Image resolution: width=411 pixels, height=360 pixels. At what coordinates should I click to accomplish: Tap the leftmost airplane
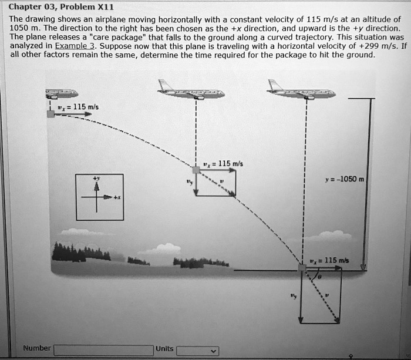pyautogui.click(x=62, y=93)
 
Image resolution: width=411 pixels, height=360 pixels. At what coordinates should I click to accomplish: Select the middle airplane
pyautogui.click(x=191, y=91)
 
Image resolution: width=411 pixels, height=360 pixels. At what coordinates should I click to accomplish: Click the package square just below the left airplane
pyautogui.click(x=51, y=113)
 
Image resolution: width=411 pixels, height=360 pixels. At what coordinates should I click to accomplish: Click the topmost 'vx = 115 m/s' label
pyautogui.click(x=82, y=106)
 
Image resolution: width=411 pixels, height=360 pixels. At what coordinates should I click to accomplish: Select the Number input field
pyautogui.click(x=104, y=351)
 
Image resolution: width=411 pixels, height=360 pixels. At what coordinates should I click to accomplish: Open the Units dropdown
pyautogui.click(x=197, y=351)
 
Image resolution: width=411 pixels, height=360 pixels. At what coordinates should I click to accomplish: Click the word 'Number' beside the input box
pyautogui.click(x=37, y=348)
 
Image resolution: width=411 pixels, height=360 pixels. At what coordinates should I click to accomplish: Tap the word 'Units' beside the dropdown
pyautogui.click(x=164, y=348)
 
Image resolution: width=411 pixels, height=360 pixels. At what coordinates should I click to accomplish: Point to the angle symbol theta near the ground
pyautogui.click(x=319, y=275)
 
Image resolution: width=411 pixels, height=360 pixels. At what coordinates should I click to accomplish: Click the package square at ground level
pyautogui.click(x=302, y=268)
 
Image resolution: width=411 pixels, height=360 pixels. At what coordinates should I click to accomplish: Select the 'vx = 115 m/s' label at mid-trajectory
pyautogui.click(x=220, y=163)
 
